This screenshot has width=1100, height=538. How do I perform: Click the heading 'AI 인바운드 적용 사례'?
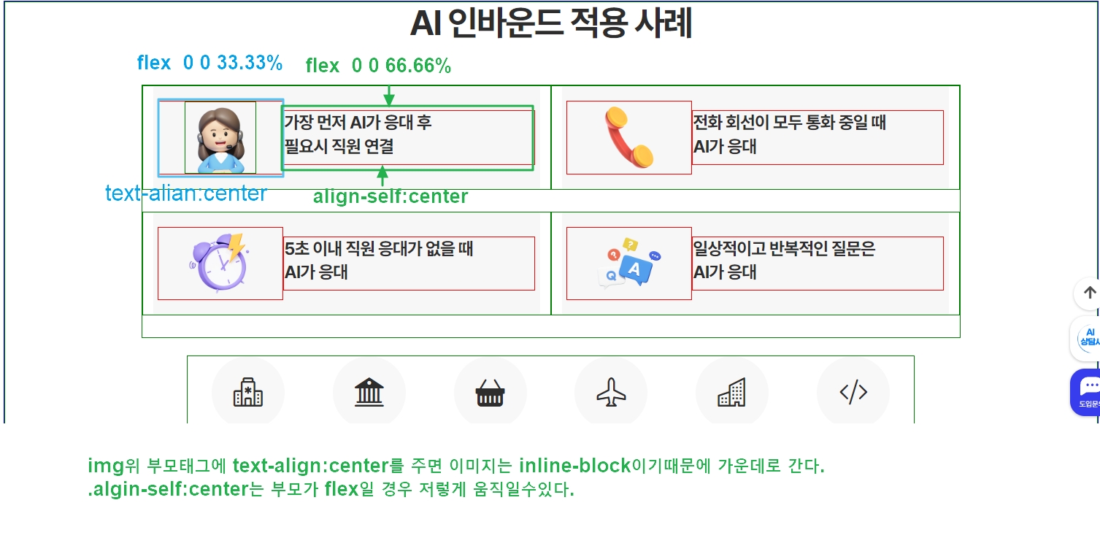pos(550,24)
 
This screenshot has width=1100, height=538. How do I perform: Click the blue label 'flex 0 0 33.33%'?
pos(209,64)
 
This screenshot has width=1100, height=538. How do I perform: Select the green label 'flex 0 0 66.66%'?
pos(378,66)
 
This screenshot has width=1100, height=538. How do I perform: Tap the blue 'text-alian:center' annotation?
pos(186,193)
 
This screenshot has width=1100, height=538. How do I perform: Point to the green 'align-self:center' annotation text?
pos(391,196)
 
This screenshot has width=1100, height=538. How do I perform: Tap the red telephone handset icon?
pos(628,137)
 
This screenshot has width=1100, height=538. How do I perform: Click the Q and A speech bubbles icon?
pos(629,263)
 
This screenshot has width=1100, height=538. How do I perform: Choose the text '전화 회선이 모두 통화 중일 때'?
pos(789,123)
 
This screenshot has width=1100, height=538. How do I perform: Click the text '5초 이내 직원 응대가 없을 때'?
pos(379,249)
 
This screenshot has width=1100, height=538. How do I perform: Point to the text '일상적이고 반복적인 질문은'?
pos(784,249)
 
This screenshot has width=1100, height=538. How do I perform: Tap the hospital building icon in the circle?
pos(248,393)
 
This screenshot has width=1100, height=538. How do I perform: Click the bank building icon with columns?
pos(369,393)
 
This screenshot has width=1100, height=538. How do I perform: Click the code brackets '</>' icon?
pos(853,393)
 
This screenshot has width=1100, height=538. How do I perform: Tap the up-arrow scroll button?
pos(1089,293)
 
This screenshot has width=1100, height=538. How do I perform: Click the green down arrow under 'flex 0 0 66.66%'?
pos(389,96)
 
